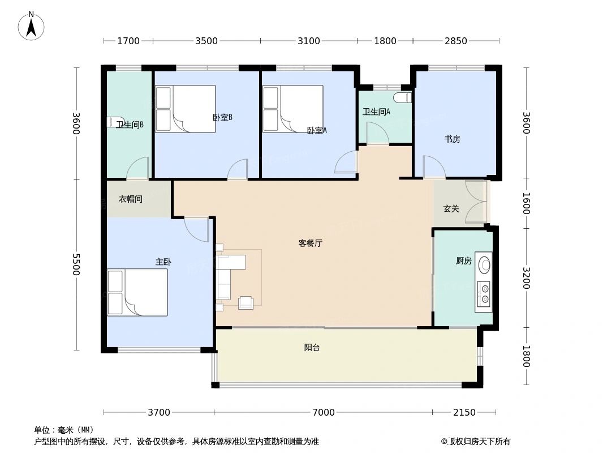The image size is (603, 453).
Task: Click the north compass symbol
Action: click(31, 26)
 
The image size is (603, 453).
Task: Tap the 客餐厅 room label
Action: click(310, 243)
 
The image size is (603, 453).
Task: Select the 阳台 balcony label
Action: click(312, 348)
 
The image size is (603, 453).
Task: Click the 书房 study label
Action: click(452, 139)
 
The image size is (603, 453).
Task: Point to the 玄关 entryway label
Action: click(451, 209)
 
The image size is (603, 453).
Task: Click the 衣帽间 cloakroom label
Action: click(130, 199)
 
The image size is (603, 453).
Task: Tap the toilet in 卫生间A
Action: click(402, 97)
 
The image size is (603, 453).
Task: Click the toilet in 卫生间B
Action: click(114, 122)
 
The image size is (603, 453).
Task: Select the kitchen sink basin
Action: click(484, 265)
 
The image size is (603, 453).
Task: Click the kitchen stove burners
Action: click(484, 293)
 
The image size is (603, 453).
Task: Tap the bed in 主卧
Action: click(137, 292)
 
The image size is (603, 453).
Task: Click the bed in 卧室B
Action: click(186, 109)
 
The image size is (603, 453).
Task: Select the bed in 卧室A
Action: click(292, 109)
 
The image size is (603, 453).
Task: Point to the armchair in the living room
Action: click(245, 303)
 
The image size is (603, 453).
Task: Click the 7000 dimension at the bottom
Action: click(323, 412)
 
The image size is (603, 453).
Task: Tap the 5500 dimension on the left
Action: click(76, 264)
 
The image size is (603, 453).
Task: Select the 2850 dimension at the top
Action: click(456, 41)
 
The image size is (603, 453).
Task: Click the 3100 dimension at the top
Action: click(309, 41)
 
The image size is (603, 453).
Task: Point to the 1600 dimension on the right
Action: click(526, 203)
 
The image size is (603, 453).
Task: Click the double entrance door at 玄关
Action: click(476, 201)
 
